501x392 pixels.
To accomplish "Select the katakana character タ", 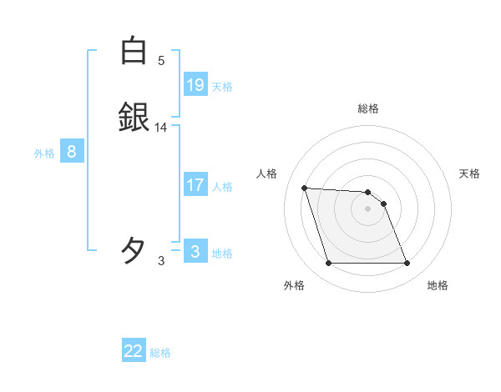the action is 134,249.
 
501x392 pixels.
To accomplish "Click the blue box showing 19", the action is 195,85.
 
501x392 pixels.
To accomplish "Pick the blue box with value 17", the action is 195,185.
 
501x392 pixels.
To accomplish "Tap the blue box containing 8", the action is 72,152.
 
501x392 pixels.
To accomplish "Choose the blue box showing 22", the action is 134,351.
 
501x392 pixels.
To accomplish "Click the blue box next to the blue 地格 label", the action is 195,252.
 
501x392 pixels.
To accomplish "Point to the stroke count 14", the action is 161,128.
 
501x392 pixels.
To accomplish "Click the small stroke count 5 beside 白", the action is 161,61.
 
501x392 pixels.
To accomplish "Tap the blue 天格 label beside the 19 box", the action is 222,87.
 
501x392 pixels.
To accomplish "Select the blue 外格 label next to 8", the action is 44,153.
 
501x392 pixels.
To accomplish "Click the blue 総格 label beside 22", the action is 160,353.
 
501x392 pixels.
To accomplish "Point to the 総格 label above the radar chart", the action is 368,108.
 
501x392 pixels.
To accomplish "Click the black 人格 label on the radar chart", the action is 267,173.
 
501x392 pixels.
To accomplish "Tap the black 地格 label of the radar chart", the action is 438,285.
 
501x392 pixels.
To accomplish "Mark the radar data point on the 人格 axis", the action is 304,188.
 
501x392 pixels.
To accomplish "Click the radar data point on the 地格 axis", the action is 407,264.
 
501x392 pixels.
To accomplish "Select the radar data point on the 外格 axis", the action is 328,264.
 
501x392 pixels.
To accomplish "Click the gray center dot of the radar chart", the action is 368,209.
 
